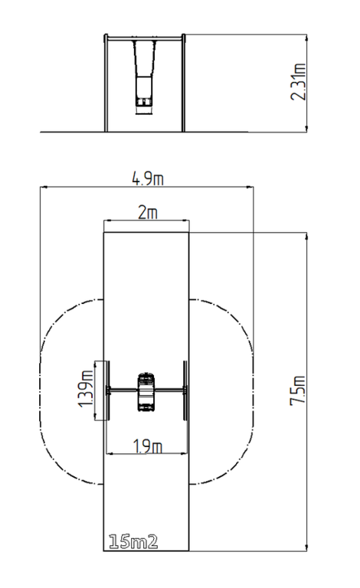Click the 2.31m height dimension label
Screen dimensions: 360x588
coord(299,82)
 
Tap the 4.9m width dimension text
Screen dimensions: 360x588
coord(148,179)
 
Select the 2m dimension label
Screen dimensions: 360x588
coord(148,213)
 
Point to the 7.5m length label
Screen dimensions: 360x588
coord(298,390)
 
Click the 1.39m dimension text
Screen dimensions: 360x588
coord(86,388)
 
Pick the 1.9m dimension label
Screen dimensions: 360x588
coord(148,446)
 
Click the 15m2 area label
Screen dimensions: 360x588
coord(133,542)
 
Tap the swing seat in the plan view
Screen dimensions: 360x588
coord(146,392)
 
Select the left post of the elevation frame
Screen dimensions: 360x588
coord(106,83)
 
